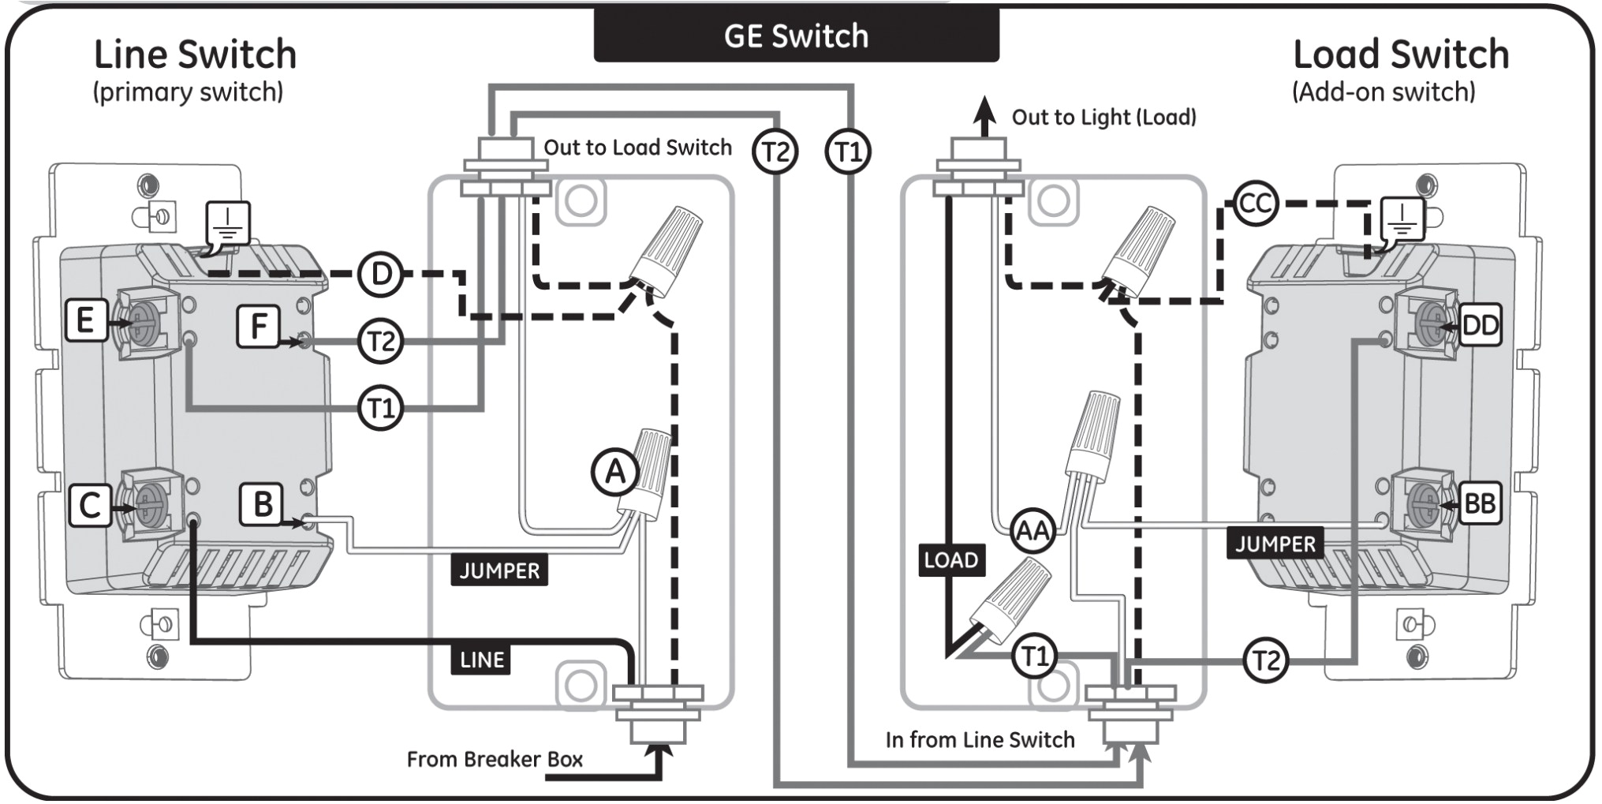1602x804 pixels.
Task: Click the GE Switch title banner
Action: point(796,36)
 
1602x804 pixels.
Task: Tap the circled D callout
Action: point(380,275)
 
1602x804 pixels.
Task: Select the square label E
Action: point(85,320)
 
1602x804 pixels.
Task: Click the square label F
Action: point(258,326)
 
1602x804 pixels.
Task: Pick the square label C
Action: point(89,505)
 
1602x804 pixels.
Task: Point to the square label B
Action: point(261,504)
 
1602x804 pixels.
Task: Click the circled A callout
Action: point(614,472)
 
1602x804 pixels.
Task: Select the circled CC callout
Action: point(1254,204)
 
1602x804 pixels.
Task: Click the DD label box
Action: point(1479,325)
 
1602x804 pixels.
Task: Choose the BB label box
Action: point(1479,503)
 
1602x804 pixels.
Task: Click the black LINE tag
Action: point(481,660)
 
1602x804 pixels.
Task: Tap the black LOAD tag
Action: point(951,559)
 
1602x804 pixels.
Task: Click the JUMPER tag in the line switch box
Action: point(499,570)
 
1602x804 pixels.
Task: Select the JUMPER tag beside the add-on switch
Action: point(1275,544)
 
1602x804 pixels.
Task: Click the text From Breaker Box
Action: point(495,759)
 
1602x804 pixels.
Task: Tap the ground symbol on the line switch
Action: point(228,223)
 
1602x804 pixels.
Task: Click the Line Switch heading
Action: point(195,55)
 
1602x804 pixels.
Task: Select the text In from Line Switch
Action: point(980,739)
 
